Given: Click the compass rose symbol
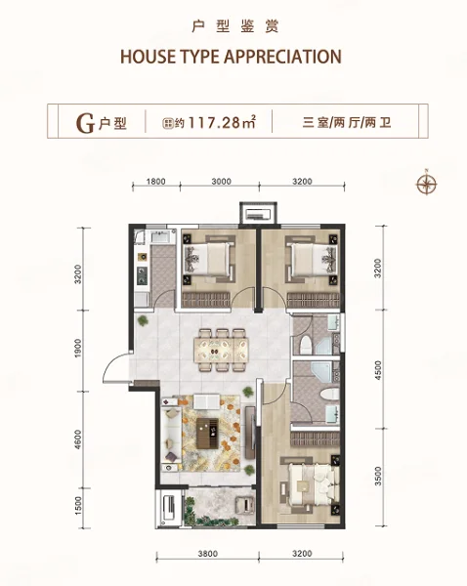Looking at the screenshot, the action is [426, 184].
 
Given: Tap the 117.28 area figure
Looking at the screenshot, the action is [215, 122].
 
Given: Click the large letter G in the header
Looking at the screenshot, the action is [85, 123].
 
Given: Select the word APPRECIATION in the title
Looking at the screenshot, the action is [282, 57].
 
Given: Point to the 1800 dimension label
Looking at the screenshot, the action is [155, 182].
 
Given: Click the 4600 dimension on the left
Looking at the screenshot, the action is [78, 439].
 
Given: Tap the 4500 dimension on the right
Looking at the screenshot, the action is [378, 370].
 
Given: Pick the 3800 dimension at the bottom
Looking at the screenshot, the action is [207, 553].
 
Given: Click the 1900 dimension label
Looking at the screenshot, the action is [78, 348].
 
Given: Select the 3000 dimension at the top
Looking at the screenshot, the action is [221, 182].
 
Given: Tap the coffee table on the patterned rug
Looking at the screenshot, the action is [207, 433].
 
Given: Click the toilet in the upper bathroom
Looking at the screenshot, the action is [306, 344].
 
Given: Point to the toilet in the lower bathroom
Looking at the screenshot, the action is [329, 394].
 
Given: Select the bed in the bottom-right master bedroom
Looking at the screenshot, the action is [312, 482].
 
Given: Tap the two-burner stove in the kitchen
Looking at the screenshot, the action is [142, 275].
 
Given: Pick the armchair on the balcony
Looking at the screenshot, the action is [244, 504].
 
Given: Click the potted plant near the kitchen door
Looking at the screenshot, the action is [143, 320].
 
